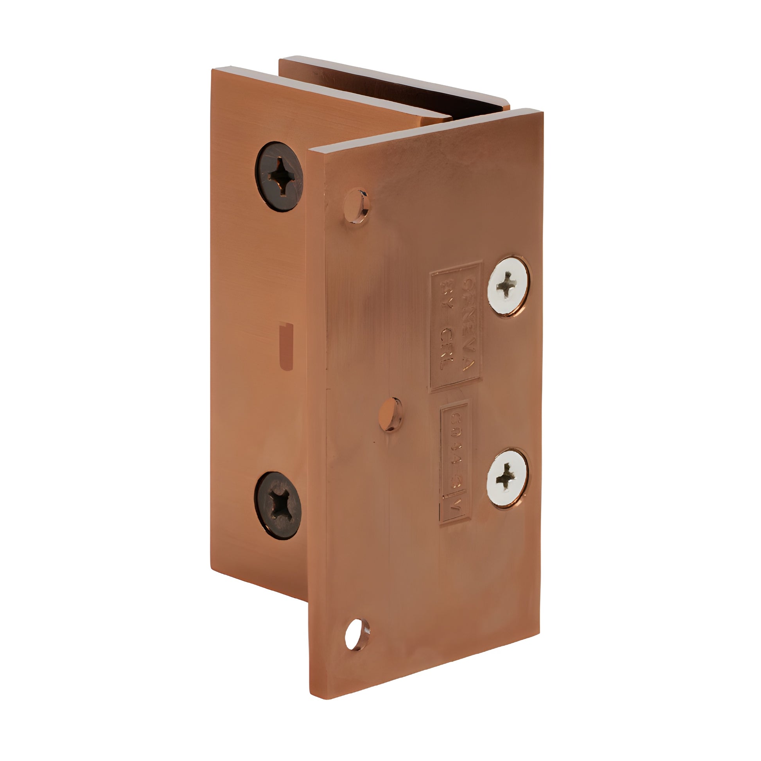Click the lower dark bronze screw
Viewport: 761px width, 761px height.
point(278,505)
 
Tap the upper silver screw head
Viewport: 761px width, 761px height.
point(508,285)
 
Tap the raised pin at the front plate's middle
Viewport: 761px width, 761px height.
point(390,414)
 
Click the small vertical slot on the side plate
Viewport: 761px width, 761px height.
point(286,346)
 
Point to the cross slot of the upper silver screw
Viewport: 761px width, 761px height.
point(507,284)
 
